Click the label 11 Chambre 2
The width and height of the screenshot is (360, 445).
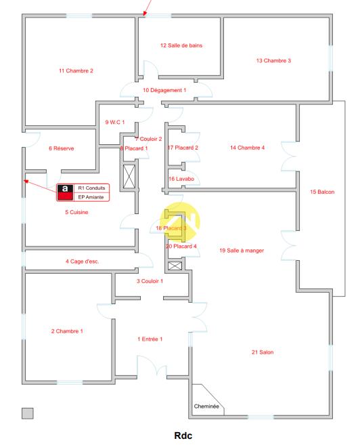pos(76,70)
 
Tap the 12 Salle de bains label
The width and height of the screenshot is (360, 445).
pos(181,45)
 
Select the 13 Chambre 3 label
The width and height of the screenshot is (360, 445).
pos(273,60)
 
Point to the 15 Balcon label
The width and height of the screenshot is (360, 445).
pos(322,192)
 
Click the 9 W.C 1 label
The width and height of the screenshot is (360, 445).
pos(115,123)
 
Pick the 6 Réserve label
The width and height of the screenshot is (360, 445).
pos(61,148)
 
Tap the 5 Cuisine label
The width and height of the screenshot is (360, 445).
pos(76,212)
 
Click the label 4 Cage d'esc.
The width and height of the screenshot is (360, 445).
pos(82,261)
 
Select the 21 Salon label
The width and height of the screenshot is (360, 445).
pos(263,352)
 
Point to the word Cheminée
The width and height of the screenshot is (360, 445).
pos(206,406)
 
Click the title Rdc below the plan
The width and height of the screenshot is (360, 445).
pos(183,436)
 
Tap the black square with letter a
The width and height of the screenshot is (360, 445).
pos(65,189)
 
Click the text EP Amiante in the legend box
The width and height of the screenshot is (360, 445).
pos(91,197)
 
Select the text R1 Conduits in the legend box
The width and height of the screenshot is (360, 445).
pos(91,188)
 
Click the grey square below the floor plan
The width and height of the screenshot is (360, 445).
pos(28,413)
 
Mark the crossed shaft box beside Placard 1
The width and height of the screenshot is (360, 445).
pos(129,177)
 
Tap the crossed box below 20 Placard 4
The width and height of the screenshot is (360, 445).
pos(175,266)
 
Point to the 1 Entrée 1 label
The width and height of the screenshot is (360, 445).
pos(150,339)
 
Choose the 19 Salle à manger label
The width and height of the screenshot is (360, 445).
pos(242,251)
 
